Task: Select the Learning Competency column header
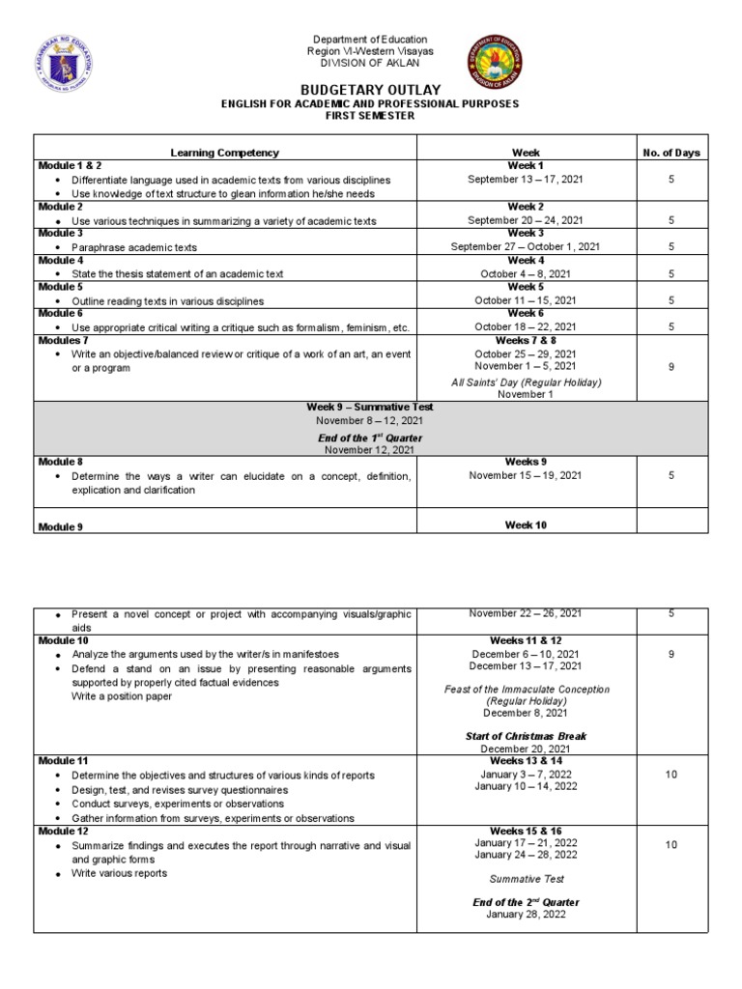click(224, 153)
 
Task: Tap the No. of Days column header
click(671, 153)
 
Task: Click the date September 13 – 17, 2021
click(525, 179)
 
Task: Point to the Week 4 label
click(525, 261)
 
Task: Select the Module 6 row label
click(60, 314)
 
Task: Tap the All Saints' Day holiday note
click(525, 381)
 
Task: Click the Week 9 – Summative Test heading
click(371, 408)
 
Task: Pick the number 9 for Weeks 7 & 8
click(671, 367)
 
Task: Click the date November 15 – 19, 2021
click(525, 475)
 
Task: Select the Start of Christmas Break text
click(525, 736)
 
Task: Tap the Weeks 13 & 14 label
click(525, 761)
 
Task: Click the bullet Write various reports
click(119, 873)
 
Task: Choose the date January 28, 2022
click(525, 915)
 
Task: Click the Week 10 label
click(525, 524)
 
